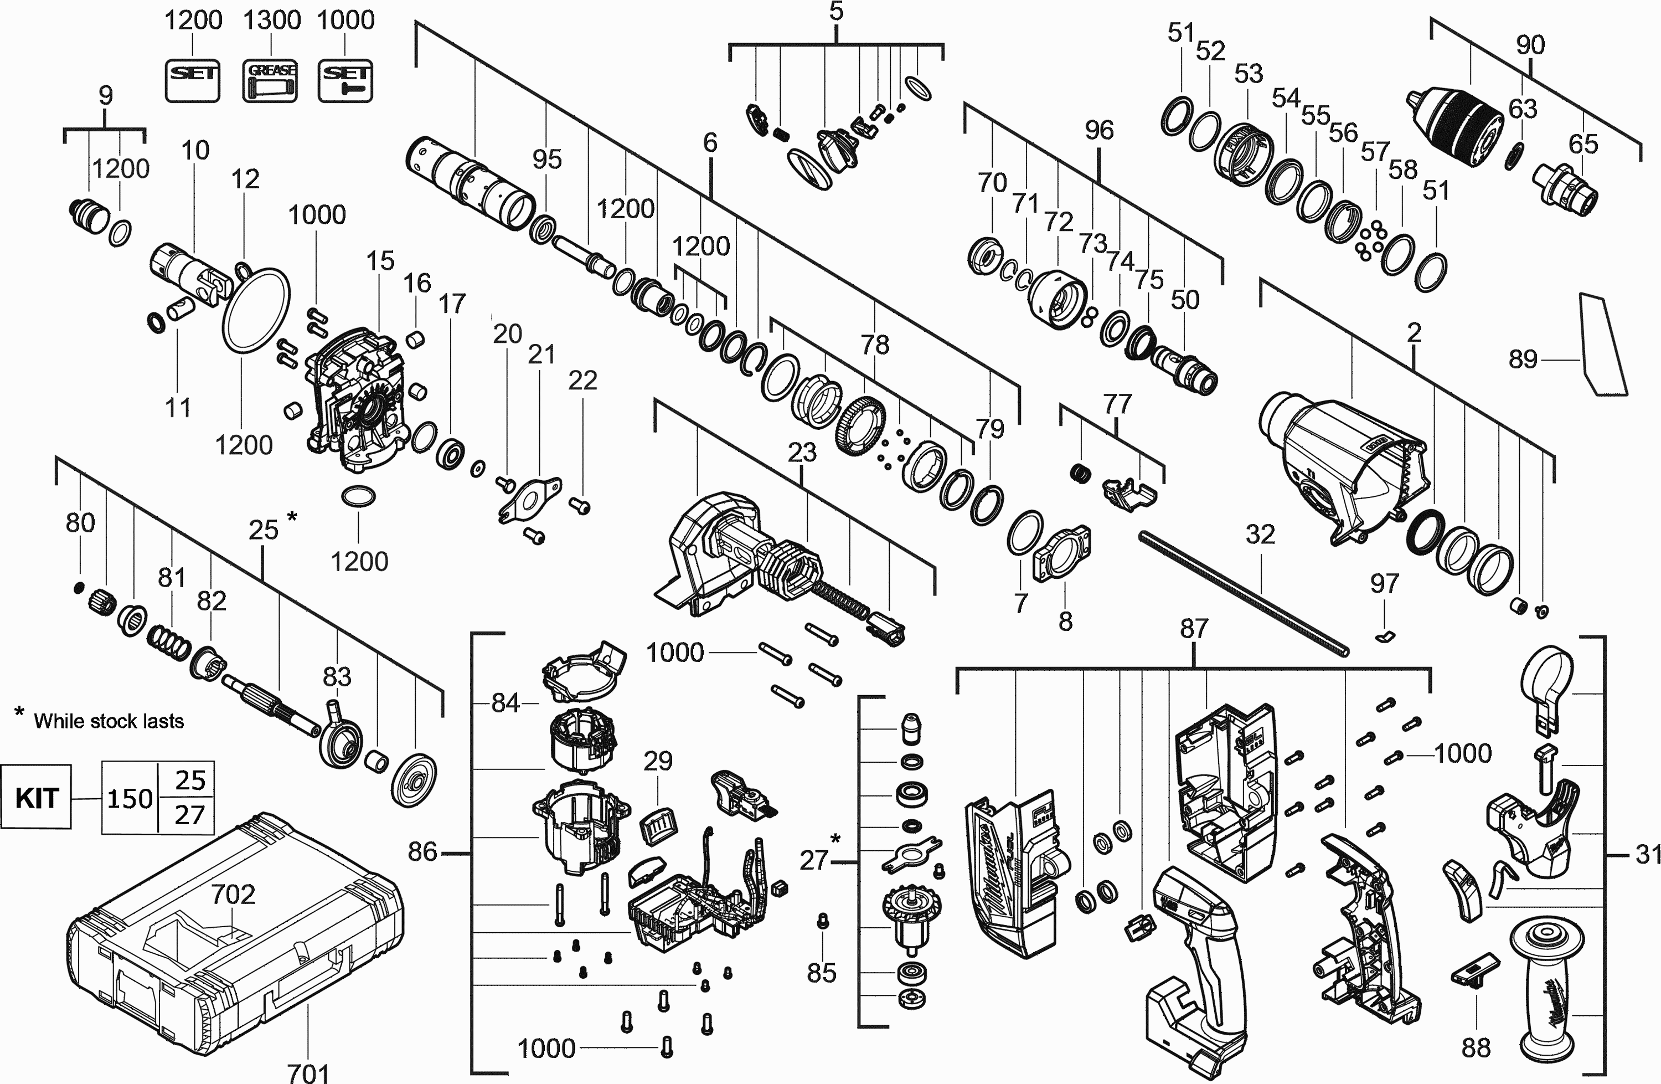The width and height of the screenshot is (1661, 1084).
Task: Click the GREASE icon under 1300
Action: pyautogui.click(x=270, y=81)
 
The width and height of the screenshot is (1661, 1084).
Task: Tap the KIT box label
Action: pyautogui.click(x=37, y=797)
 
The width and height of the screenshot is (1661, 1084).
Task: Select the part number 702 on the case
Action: pyautogui.click(x=233, y=894)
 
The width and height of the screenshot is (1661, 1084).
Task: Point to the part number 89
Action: pyautogui.click(x=1523, y=359)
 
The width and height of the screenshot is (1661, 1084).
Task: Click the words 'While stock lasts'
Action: pyautogui.click(x=109, y=721)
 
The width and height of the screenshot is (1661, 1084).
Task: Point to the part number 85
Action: pyautogui.click(x=822, y=972)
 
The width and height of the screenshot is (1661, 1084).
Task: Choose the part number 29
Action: pyautogui.click(x=657, y=761)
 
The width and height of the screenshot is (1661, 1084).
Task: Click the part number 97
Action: pyautogui.click(x=1385, y=583)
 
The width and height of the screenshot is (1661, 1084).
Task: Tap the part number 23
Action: pyautogui.click(x=802, y=453)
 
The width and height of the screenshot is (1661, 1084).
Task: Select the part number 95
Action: pyautogui.click(x=546, y=159)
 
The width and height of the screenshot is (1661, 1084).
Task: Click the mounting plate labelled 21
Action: pyautogui.click(x=530, y=497)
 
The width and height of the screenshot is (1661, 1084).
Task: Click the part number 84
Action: pyautogui.click(x=505, y=703)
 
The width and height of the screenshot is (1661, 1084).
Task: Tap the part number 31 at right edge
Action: pyautogui.click(x=1647, y=854)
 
